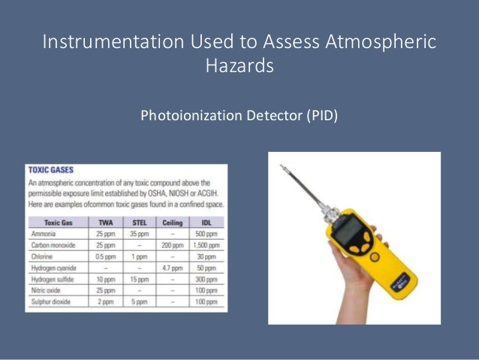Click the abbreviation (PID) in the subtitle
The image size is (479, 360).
(321, 116)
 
